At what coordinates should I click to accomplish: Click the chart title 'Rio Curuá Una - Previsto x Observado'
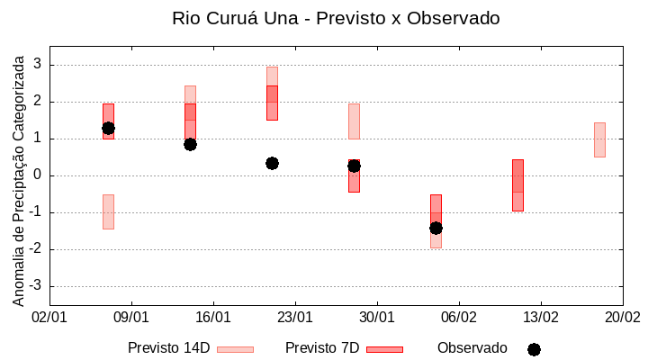pos(336,18)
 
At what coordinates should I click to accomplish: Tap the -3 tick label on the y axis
pos(36,286)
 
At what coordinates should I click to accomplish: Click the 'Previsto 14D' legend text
pos(169,348)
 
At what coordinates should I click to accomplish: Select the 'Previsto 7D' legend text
pos(322,348)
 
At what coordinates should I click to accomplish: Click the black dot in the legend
pos(534,349)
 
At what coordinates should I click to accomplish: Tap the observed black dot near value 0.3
pos(272,163)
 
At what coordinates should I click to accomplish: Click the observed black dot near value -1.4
pos(436,228)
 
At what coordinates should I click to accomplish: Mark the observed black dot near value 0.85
pos(190,144)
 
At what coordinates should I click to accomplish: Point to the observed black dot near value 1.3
pos(108,128)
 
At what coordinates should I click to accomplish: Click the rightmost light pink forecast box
pos(599,139)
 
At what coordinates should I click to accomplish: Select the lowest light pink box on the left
pos(108,211)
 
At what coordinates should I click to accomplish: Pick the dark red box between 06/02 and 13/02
pos(517,184)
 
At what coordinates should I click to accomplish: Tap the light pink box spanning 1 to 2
pos(354,121)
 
